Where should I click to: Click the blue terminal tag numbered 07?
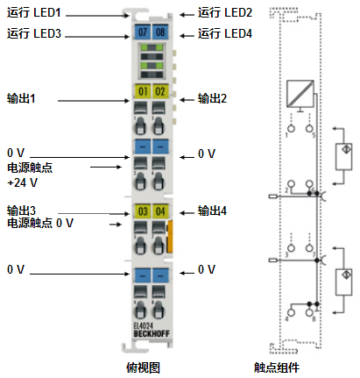(x=142, y=32)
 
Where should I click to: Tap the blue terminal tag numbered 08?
(x=160, y=32)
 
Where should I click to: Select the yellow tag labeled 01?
(x=142, y=91)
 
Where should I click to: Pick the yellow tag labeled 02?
(x=160, y=91)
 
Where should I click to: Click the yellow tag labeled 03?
(x=143, y=211)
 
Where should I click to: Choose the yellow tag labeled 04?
(x=160, y=211)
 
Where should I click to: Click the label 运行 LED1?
(x=34, y=12)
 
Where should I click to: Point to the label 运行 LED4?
(x=225, y=33)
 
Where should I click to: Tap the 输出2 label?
(x=212, y=98)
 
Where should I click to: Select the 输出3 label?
(x=21, y=210)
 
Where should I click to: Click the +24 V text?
(x=22, y=182)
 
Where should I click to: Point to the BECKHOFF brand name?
(x=152, y=333)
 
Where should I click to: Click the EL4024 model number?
(x=143, y=325)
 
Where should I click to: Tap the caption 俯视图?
(x=143, y=367)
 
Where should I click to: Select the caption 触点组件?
(x=277, y=367)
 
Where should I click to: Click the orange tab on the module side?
(x=169, y=237)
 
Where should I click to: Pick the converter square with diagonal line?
(x=300, y=94)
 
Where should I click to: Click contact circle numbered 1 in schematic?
(x=291, y=128)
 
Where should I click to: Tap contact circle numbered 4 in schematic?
(x=291, y=312)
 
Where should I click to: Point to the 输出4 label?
(x=212, y=210)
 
